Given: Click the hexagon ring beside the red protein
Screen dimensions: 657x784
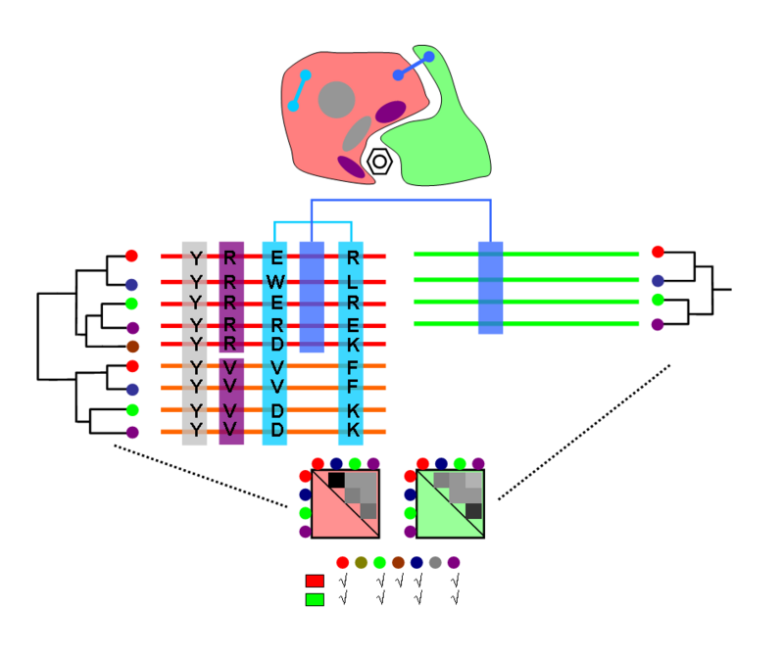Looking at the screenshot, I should (380, 162).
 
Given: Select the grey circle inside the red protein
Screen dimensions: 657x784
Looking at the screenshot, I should (336, 100).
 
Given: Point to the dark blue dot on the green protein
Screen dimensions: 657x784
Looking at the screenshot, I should (428, 57).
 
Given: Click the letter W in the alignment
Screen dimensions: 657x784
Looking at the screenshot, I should (276, 282).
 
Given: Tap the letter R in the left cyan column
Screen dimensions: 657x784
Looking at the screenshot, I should (276, 324).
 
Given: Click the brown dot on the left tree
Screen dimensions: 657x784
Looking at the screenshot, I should (132, 346).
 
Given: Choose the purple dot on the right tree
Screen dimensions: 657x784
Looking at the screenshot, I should (658, 324).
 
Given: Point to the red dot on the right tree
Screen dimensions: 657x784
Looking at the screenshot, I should (658, 253).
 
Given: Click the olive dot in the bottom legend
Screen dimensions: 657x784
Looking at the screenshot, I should (361, 563).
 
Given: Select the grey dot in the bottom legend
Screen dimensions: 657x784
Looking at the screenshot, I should (435, 563).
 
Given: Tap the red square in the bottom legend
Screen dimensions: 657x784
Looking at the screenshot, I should (315, 581).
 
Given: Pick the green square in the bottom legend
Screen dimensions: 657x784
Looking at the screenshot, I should (315, 599).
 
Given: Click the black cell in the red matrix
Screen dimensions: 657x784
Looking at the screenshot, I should (337, 480).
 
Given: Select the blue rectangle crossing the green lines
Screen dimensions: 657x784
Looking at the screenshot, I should (491, 287).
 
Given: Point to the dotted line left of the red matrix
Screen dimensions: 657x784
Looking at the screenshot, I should (201, 476).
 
